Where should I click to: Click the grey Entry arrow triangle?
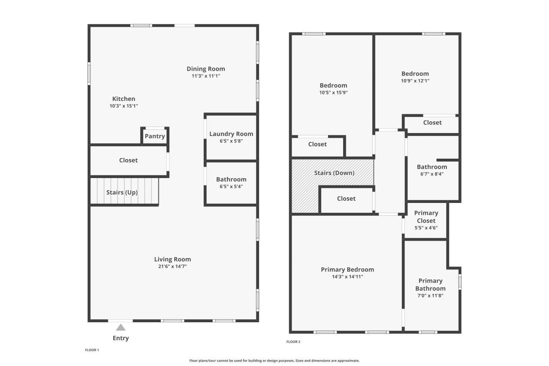point(121,328)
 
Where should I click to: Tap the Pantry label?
point(155,136)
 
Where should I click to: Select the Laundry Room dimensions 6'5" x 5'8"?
point(231,141)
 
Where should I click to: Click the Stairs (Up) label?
point(122,192)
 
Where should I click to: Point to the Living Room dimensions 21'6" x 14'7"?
point(172,266)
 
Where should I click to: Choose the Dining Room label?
point(205,69)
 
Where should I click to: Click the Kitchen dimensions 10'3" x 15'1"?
point(124,106)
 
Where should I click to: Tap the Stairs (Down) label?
point(334,173)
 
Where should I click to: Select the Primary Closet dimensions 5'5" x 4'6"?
point(426,228)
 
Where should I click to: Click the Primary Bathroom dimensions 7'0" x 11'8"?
point(430,295)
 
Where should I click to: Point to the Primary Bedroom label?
point(347,269)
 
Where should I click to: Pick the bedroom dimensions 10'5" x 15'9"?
point(333,92)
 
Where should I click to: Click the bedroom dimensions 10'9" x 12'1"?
point(415,81)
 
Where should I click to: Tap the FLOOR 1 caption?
point(92,350)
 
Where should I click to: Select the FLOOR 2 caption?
point(293,342)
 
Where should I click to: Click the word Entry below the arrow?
point(121,338)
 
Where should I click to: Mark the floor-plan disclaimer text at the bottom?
point(274,361)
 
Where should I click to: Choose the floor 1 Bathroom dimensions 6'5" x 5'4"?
point(231,186)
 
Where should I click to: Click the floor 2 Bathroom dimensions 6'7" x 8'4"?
point(431,174)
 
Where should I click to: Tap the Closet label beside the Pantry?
point(128,160)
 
